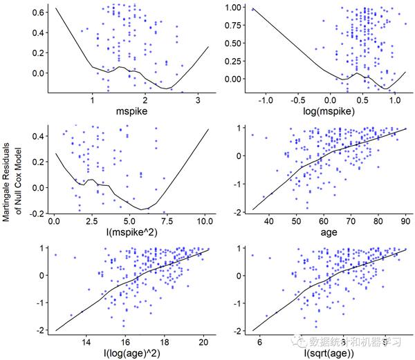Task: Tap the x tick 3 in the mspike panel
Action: point(198,99)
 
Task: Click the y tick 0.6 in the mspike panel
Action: point(39,12)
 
